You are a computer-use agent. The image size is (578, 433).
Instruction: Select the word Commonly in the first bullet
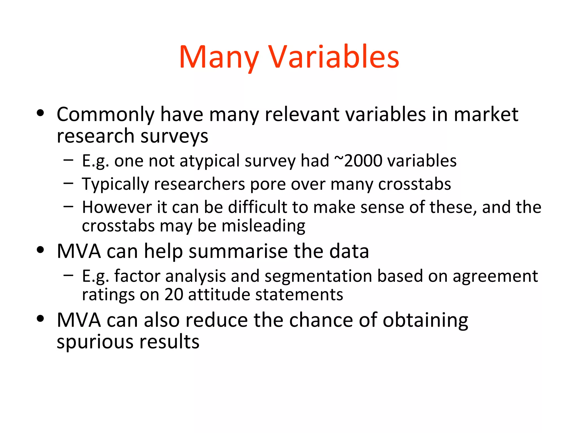[x=105, y=115]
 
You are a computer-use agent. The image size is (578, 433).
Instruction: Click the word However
[x=117, y=207]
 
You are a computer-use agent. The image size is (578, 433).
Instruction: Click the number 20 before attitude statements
[x=174, y=295]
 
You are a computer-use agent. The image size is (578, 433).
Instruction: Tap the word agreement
[x=495, y=277]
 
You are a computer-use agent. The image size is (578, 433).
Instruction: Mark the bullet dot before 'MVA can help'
[x=41, y=250]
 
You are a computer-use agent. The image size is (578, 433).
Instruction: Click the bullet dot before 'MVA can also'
[x=41, y=319]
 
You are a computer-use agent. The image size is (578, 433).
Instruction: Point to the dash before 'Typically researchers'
[x=68, y=184]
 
